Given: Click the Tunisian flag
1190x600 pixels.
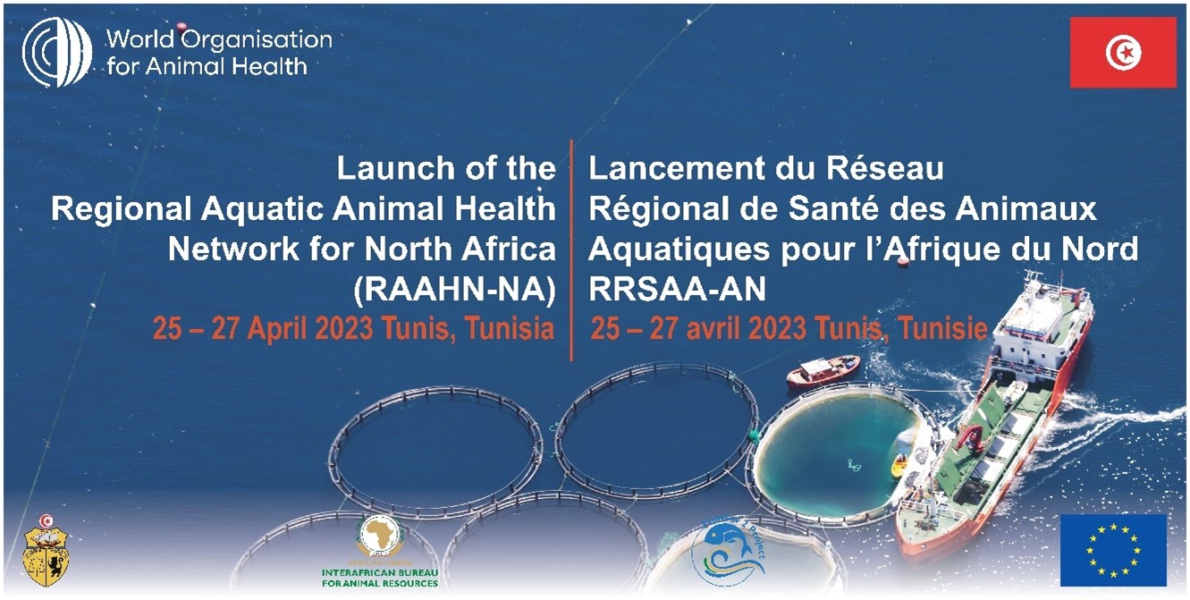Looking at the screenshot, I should (x=1123, y=53).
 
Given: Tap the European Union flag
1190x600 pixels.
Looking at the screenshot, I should (x=1113, y=550).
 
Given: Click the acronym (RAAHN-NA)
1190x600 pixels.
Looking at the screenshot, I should (x=455, y=288).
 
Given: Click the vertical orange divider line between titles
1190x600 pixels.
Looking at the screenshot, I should (x=571, y=250).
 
